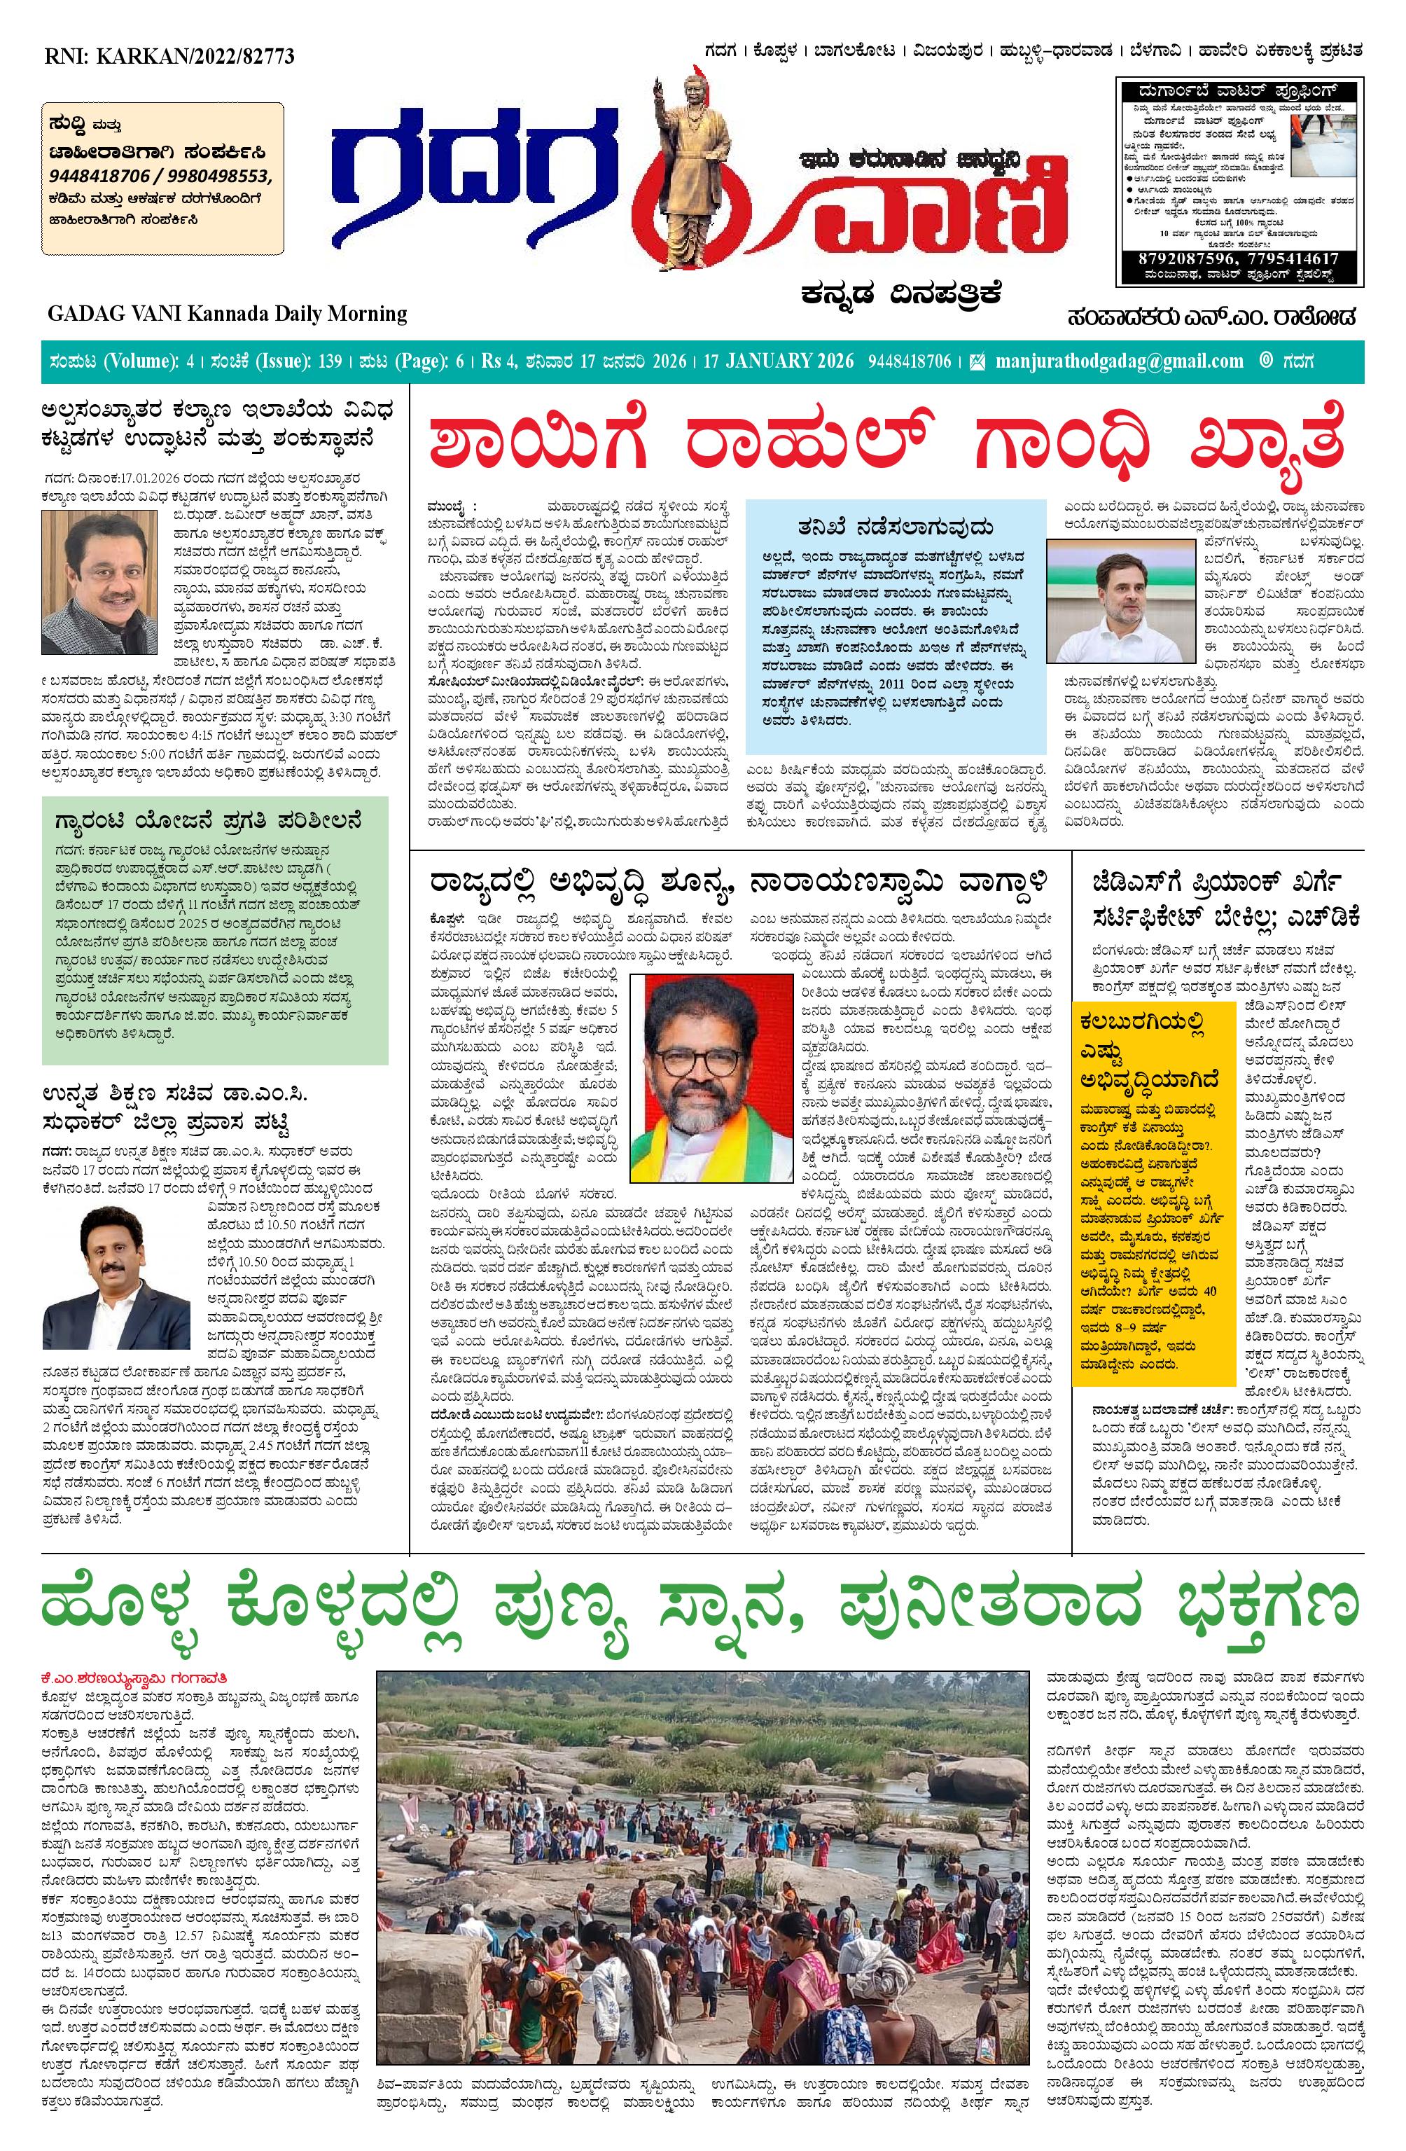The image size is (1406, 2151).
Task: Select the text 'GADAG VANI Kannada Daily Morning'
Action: point(228,314)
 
